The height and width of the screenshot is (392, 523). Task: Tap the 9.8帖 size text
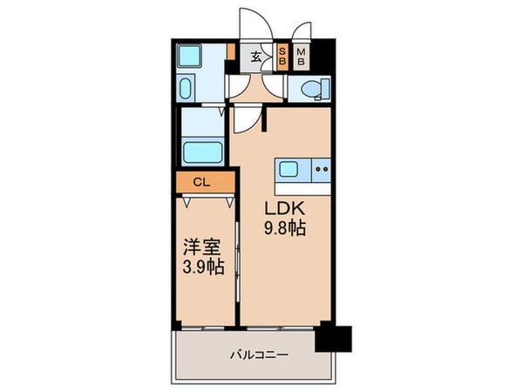(x=285, y=228)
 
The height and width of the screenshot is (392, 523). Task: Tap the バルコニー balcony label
(x=259, y=355)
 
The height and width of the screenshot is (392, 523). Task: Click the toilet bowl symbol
(x=309, y=89)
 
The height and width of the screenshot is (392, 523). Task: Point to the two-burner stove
(x=321, y=169)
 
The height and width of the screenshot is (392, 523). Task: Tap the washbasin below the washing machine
(x=189, y=87)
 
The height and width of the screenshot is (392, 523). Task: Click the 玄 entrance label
(x=257, y=59)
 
